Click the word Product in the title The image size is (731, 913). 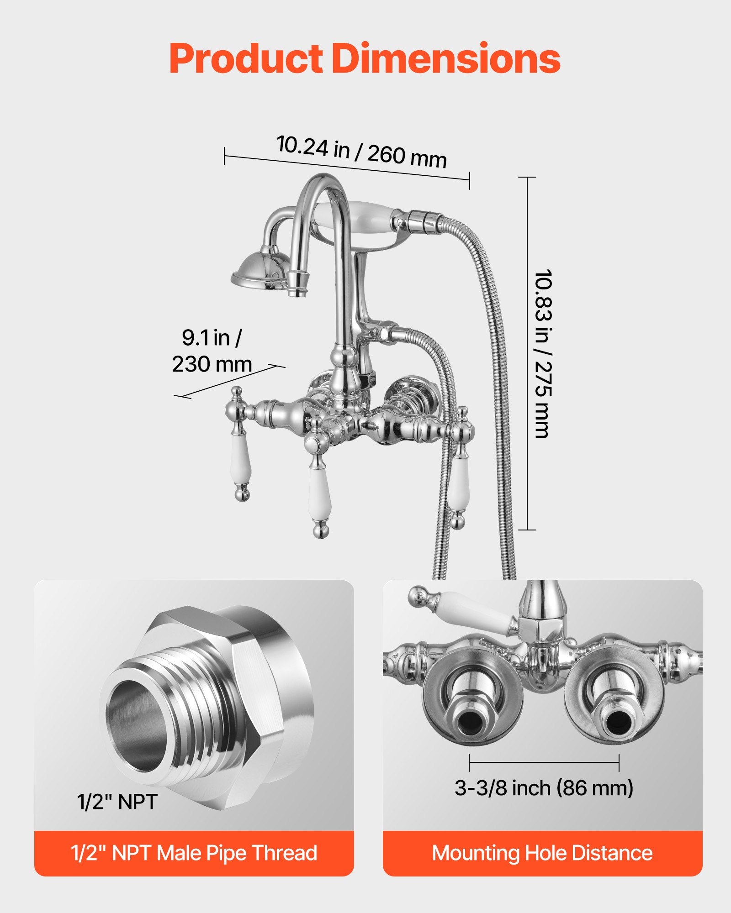(245, 59)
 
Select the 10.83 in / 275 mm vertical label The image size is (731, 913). (543, 354)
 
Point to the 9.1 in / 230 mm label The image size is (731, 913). (212, 351)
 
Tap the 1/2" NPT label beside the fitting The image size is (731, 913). (117, 802)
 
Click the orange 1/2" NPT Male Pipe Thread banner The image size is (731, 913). (194, 853)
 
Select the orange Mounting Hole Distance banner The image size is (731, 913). (542, 853)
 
